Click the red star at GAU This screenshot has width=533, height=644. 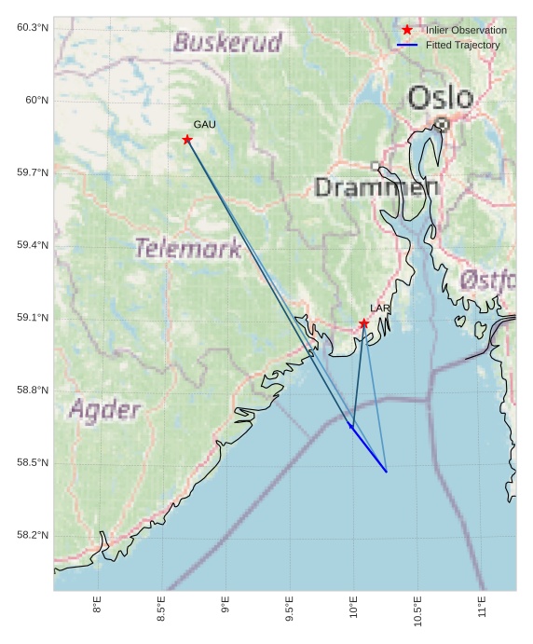(187, 140)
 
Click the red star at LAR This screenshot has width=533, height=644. (363, 323)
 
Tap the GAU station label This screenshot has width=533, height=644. (204, 124)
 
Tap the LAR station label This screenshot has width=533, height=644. (380, 308)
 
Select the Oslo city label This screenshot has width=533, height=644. (440, 96)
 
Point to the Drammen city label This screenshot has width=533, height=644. (376, 187)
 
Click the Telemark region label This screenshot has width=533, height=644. (188, 248)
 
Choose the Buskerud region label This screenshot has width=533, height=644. (227, 42)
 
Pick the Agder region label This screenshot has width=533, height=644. (104, 409)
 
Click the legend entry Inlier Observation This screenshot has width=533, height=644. (466, 30)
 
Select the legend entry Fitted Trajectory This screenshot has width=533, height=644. (462, 45)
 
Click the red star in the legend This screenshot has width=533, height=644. (407, 30)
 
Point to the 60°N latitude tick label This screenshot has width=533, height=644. (33, 100)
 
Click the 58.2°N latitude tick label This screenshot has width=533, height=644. (33, 535)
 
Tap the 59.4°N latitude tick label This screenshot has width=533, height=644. (33, 245)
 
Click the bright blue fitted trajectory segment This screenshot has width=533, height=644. (369, 449)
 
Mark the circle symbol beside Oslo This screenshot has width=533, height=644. (442, 123)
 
